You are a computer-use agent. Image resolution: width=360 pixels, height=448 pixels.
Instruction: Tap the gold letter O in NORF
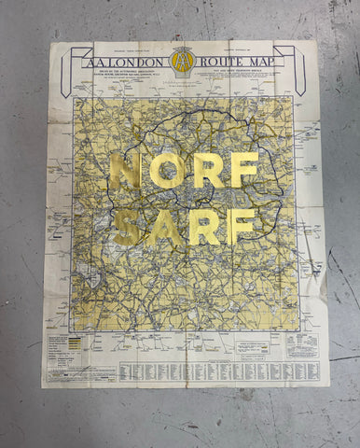(168, 171)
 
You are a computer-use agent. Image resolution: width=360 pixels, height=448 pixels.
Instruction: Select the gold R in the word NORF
(208, 171)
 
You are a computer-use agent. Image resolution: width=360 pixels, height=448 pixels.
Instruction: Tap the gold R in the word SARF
(205, 228)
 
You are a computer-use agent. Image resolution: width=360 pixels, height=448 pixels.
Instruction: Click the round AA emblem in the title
(184, 62)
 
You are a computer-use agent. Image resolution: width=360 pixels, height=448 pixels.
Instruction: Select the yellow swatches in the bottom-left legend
(71, 343)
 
